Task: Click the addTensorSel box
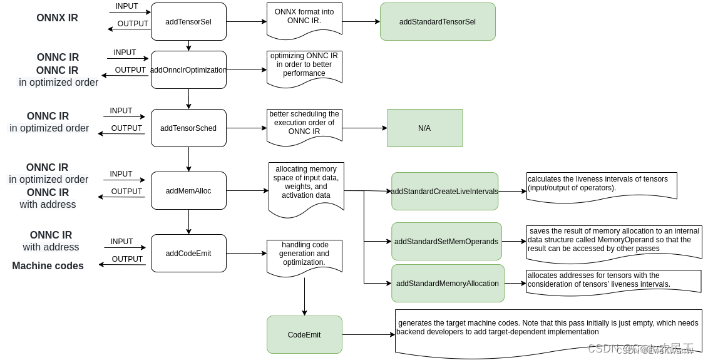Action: click(188, 22)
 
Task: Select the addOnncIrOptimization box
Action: click(188, 70)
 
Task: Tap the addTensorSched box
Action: click(188, 128)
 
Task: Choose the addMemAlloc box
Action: click(188, 191)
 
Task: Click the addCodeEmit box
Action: click(188, 254)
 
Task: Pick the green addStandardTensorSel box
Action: click(438, 22)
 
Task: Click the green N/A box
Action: click(424, 128)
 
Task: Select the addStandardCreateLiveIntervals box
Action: click(444, 192)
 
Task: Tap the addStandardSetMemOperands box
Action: click(446, 242)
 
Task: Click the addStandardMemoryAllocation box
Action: click(448, 284)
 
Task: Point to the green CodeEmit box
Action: click(304, 335)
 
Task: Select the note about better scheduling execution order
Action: click(304, 123)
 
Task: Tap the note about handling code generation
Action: click(304, 254)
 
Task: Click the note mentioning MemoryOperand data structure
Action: click(613, 240)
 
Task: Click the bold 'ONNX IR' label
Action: click(57, 18)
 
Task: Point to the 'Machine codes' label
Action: click(48, 266)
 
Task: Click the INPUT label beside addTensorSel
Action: click(127, 6)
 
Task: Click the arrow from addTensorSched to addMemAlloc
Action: click(188, 159)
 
